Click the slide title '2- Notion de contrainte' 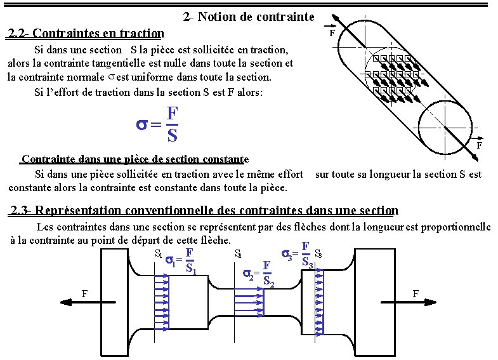tap(248, 17)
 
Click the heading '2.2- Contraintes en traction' tap(85, 33)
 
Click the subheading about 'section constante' tap(135, 159)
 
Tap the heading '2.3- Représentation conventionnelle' tap(204, 210)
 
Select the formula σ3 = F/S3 tap(299, 255)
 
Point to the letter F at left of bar tap(84, 293)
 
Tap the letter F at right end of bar tap(416, 293)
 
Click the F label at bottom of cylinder tap(480, 145)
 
